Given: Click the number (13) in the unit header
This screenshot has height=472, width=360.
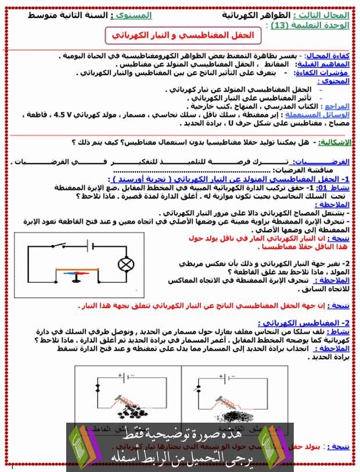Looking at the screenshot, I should pos(280,25).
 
